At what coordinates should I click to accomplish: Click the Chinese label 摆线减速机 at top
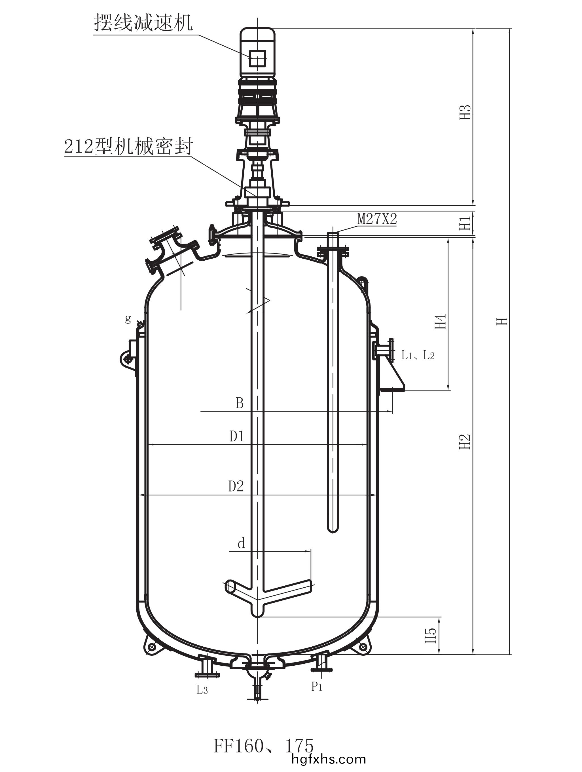coord(143,23)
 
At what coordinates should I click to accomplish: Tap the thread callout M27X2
coord(377,219)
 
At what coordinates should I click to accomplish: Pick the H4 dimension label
coord(441,321)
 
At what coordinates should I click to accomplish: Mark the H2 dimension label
coord(465,442)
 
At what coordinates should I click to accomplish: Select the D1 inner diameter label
coord(237,436)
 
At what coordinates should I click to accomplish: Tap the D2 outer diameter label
coord(236,486)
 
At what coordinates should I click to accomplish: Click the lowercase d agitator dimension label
coord(241,543)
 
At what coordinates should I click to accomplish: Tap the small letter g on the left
coord(128,318)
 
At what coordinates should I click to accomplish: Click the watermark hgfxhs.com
coord(328,759)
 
